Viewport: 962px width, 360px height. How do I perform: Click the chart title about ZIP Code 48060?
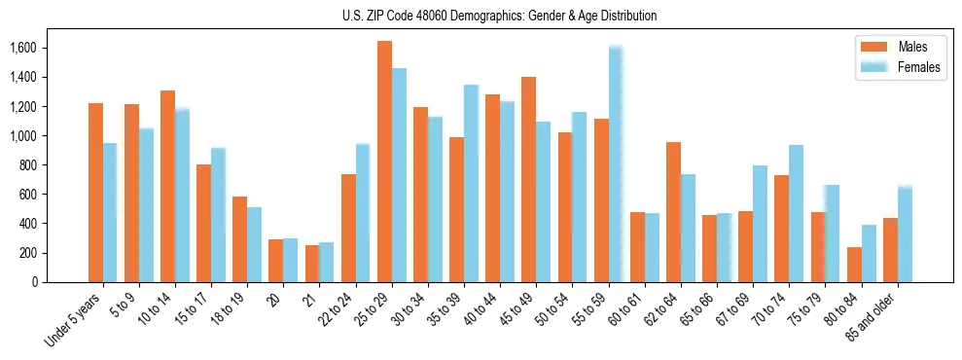[500, 16]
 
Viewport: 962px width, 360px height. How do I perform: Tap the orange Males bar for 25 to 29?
[384, 162]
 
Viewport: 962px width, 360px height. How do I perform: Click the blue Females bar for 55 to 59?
[616, 164]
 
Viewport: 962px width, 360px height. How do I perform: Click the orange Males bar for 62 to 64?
[673, 212]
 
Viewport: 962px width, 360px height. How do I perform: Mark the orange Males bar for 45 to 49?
[528, 179]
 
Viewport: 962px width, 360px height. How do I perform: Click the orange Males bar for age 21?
[312, 264]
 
